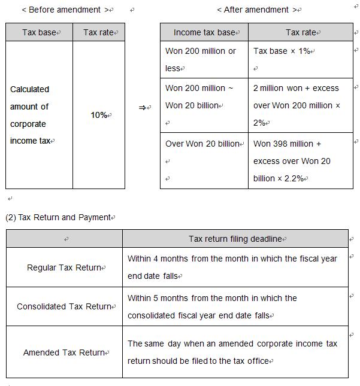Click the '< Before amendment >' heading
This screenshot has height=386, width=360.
[x=66, y=10]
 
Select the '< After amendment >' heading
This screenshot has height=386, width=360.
[x=257, y=10]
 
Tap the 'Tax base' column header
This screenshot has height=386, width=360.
[x=39, y=32]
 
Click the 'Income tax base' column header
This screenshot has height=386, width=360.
[x=204, y=32]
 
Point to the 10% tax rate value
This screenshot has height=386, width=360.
[x=99, y=114]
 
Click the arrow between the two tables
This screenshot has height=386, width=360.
[x=143, y=108]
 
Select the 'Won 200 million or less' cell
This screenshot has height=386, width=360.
[x=201, y=59]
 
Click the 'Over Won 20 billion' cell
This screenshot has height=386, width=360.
[x=202, y=144]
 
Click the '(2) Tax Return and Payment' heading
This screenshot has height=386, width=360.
[x=58, y=217]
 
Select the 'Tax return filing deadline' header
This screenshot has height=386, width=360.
[x=235, y=239]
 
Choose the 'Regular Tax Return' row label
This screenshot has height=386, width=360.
[x=64, y=268]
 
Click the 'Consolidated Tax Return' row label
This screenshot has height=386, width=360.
[x=64, y=306]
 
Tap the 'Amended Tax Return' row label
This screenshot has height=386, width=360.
[x=64, y=352]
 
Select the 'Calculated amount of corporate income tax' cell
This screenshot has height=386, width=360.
[x=30, y=115]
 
